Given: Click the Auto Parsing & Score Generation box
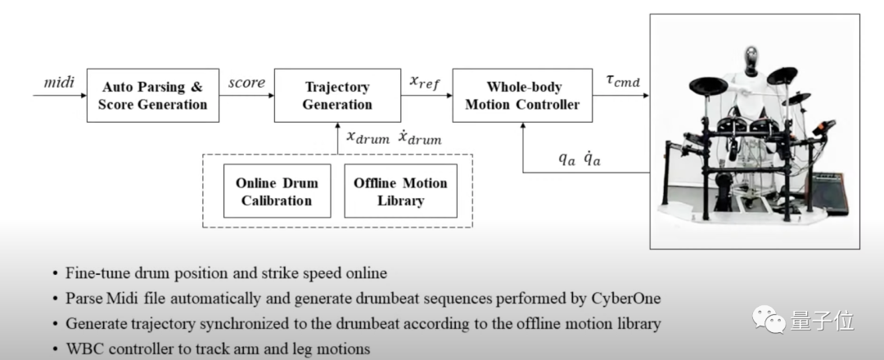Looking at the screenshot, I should pos(153,96).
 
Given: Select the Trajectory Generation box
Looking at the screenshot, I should pos(337,96).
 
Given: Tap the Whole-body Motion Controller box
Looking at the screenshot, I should pos(522,96).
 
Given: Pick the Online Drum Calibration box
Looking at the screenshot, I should pos(277,191).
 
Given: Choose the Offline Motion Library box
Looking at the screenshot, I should pos(400,191).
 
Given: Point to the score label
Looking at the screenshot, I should pos(246,83).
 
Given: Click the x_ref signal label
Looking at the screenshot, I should pos(426,82).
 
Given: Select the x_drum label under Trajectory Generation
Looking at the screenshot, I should pos(368,138).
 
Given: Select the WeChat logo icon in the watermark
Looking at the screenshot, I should pos(767,317).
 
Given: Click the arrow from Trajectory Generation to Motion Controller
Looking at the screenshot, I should pos(426,96).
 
